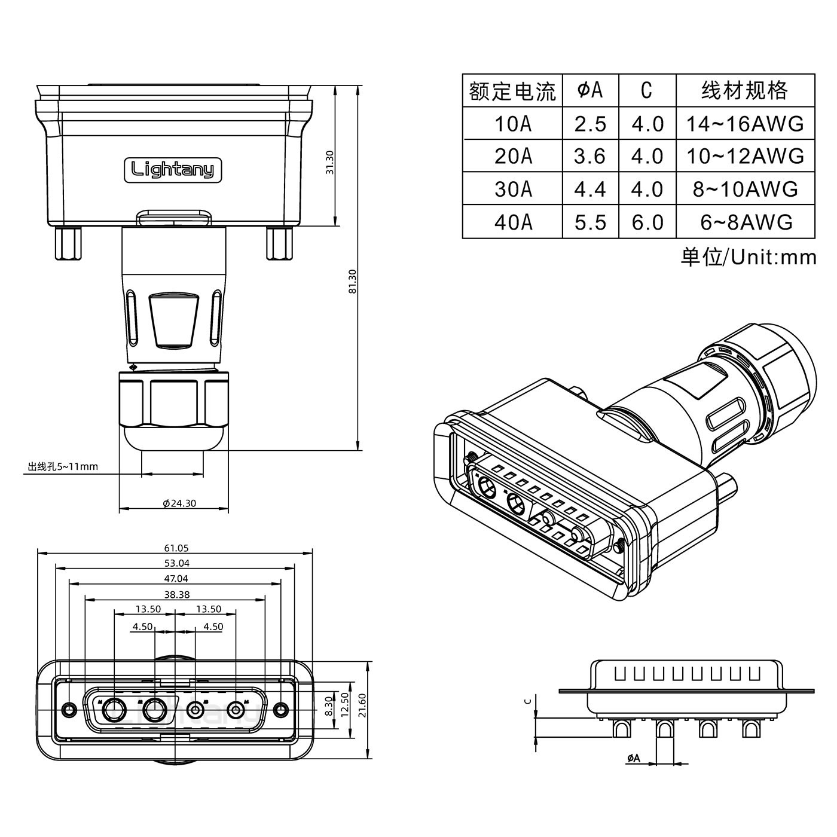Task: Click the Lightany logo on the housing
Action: tap(172, 169)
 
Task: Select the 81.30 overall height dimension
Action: tap(353, 281)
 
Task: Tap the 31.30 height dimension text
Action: tap(329, 162)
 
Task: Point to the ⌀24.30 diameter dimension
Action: tap(179, 503)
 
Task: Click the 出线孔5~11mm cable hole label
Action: tap(63, 466)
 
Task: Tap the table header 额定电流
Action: tap(512, 91)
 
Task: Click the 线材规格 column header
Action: tap(745, 90)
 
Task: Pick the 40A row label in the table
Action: tap(512, 222)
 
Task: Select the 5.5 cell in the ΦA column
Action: tap(590, 222)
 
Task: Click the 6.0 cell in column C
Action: tap(647, 222)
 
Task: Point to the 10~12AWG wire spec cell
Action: tap(745, 156)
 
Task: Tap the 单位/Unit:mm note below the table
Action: tap(748, 257)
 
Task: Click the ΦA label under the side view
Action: tap(633, 758)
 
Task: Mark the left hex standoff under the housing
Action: tap(68, 243)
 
